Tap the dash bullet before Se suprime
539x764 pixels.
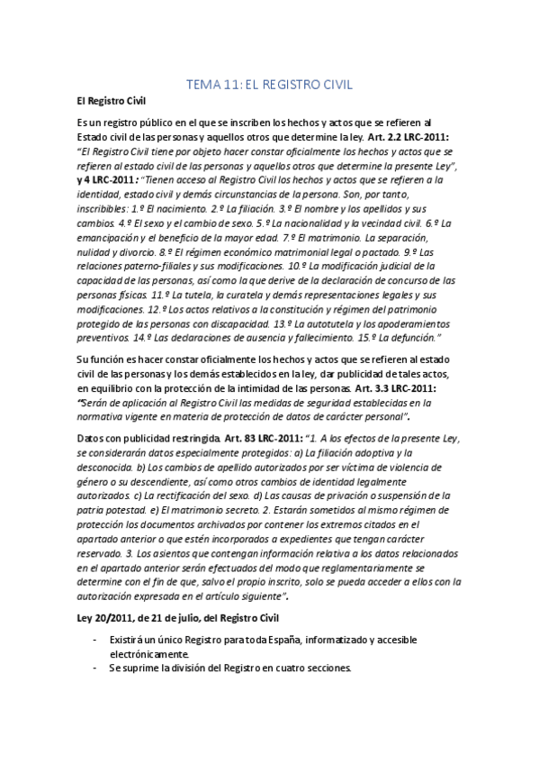pyautogui.click(x=95, y=668)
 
